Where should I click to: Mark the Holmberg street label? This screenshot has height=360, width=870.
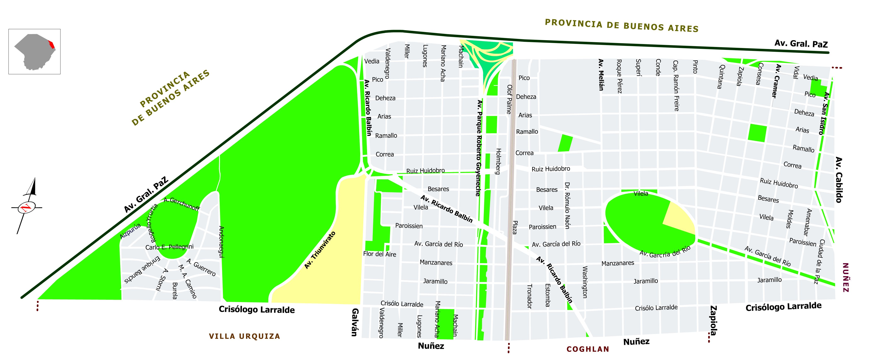tap(498, 161)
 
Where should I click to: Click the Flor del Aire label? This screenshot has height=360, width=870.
tap(380, 254)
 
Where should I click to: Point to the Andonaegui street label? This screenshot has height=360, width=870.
tap(222, 242)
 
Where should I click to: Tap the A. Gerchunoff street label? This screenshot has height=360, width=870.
tap(181, 204)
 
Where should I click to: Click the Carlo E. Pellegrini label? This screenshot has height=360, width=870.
tap(169, 247)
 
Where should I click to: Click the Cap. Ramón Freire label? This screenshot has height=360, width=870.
tap(676, 86)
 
